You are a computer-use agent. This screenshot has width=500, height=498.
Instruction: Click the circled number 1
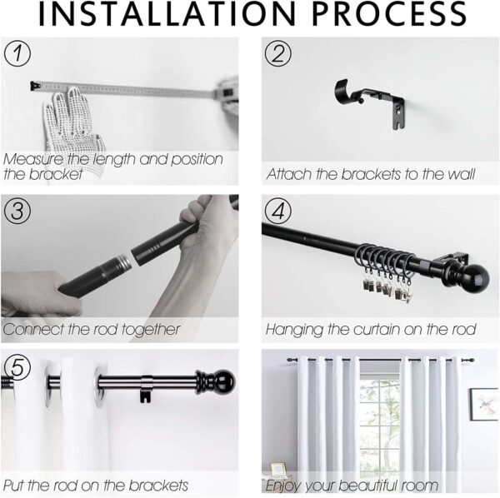tap(17, 53)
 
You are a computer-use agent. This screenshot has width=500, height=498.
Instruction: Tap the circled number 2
tap(278, 53)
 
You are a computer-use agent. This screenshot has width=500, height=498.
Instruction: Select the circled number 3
tap(17, 211)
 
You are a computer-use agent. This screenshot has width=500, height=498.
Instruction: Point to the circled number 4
tap(278, 211)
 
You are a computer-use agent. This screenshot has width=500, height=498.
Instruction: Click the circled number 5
tap(17, 367)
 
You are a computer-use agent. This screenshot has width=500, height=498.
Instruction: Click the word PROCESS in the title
tap(389, 14)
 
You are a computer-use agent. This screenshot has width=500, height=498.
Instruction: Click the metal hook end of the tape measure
tap(35, 86)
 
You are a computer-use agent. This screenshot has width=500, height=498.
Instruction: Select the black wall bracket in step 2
tap(370, 102)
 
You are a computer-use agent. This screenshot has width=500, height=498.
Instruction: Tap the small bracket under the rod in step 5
tap(146, 390)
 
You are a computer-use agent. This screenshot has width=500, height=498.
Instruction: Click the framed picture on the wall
tap(483, 405)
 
